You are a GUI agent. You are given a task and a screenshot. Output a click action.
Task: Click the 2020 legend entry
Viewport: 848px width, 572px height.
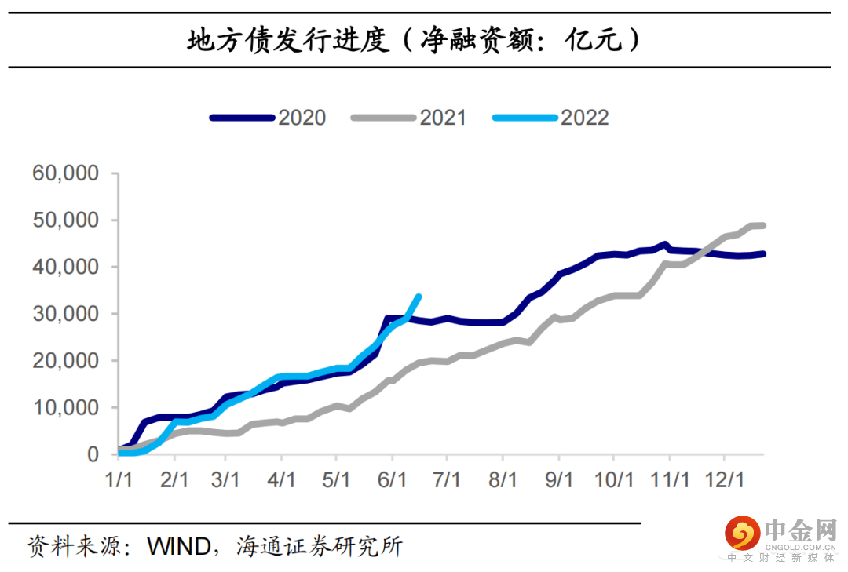268,118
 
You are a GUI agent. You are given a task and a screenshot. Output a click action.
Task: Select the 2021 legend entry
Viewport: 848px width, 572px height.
409,118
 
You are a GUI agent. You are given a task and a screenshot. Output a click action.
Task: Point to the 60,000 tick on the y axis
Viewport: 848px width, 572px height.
66,173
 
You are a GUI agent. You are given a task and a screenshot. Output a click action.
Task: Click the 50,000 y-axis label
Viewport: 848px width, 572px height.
66,220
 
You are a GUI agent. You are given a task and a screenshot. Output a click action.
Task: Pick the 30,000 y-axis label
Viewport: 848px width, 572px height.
66,314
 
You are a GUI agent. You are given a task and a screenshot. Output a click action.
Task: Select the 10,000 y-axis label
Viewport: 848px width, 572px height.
66,408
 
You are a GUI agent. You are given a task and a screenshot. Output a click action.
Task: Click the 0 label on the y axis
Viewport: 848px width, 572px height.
93,454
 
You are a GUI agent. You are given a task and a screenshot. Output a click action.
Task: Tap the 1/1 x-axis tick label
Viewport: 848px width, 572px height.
119,479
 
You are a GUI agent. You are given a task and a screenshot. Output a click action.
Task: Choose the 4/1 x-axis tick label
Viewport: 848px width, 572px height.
281,479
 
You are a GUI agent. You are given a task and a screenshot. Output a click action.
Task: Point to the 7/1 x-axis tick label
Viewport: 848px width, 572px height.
447,479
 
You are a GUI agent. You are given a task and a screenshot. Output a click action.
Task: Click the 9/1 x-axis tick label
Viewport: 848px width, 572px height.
559,479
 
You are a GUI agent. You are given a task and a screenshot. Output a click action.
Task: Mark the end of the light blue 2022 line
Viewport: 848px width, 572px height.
419,297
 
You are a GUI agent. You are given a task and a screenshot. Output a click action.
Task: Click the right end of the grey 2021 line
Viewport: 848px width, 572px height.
763,226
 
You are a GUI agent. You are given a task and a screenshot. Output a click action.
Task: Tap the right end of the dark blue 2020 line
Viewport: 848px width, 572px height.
763,253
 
